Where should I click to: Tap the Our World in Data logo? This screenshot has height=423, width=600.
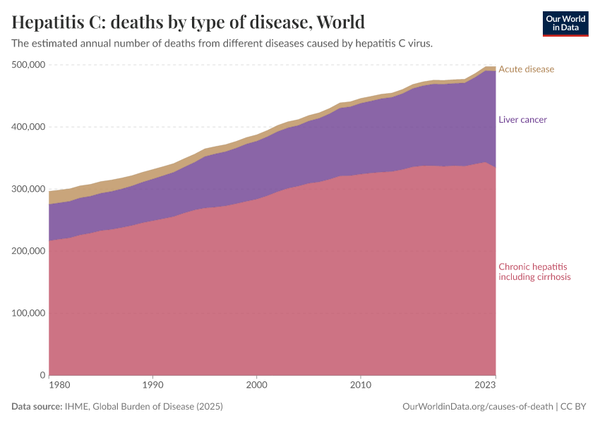coord(565,23)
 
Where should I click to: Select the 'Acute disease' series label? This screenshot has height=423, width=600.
coord(526,69)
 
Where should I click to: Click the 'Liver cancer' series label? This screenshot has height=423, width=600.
coord(522,119)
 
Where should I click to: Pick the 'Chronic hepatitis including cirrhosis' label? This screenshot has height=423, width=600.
coord(534,272)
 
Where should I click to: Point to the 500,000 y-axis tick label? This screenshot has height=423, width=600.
coord(29,65)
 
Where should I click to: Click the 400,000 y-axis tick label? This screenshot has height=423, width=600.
coord(29,127)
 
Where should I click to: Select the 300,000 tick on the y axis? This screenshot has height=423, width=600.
coord(29,189)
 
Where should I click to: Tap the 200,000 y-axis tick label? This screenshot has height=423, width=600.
coord(29,251)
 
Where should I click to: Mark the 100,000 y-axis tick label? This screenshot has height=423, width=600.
coord(29,313)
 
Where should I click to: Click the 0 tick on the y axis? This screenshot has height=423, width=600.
coord(42,375)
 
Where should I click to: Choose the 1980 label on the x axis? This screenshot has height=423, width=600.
coord(59,386)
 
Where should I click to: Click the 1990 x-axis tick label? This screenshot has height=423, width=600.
coord(152,386)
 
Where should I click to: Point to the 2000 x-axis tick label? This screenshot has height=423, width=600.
coord(256,386)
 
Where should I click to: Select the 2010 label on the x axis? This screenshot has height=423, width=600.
coord(360,386)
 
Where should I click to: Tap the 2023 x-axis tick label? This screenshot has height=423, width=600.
coord(485,386)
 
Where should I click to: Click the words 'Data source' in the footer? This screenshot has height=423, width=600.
coord(37,407)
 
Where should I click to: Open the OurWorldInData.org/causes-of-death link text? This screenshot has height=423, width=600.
coord(477,407)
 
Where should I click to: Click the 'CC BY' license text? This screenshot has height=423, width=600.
coord(575,407)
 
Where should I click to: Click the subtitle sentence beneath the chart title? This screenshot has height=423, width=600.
coord(222,43)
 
